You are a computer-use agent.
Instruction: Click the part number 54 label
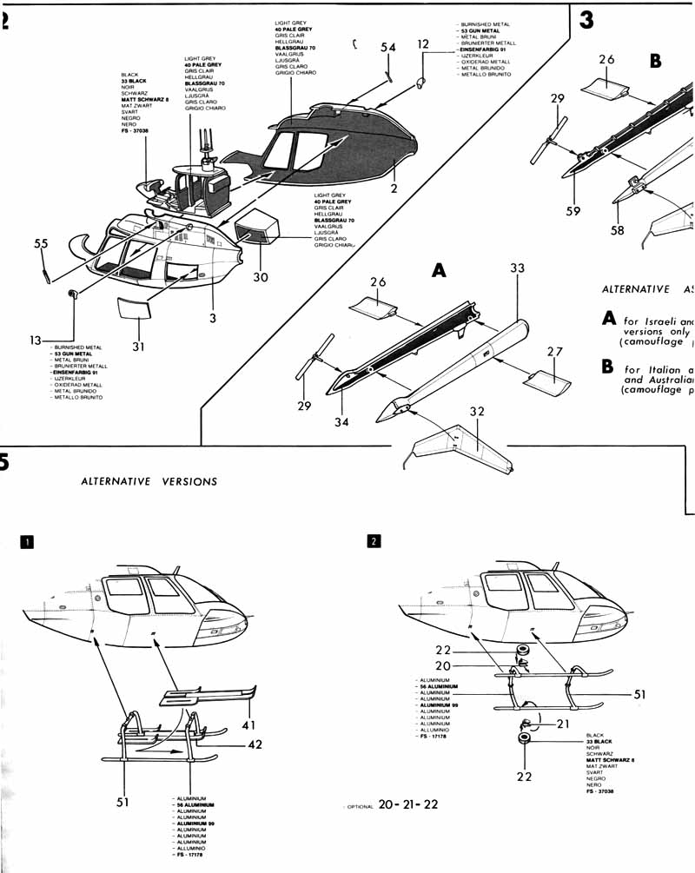point(387,47)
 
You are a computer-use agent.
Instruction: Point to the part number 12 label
point(423,43)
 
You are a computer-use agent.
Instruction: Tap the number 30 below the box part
point(261,277)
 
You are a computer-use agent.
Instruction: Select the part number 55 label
point(41,245)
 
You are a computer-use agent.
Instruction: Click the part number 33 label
point(518,269)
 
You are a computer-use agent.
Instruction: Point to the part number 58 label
point(618,230)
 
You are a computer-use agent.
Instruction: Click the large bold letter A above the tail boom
point(439,272)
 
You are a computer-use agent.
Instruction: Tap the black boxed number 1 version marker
point(27,542)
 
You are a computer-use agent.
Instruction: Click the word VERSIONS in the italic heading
point(189,481)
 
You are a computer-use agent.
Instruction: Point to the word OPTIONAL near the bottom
point(359,806)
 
